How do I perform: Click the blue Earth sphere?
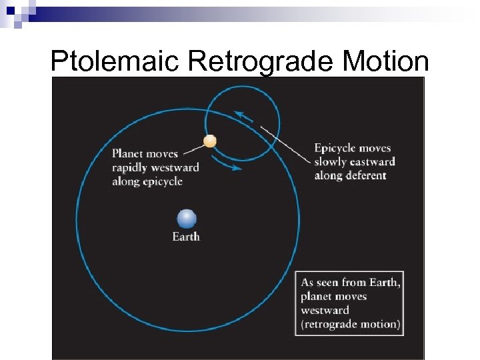tap(187, 219)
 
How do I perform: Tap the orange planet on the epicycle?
tap(210, 141)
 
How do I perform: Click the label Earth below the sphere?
tap(186, 237)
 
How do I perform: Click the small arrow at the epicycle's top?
tap(243, 117)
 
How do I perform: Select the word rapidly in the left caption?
tap(131, 167)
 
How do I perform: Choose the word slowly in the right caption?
tap(330, 162)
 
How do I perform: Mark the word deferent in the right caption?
tap(365, 176)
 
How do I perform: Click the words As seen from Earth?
tap(351, 283)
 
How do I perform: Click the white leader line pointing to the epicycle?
tap(287, 144)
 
